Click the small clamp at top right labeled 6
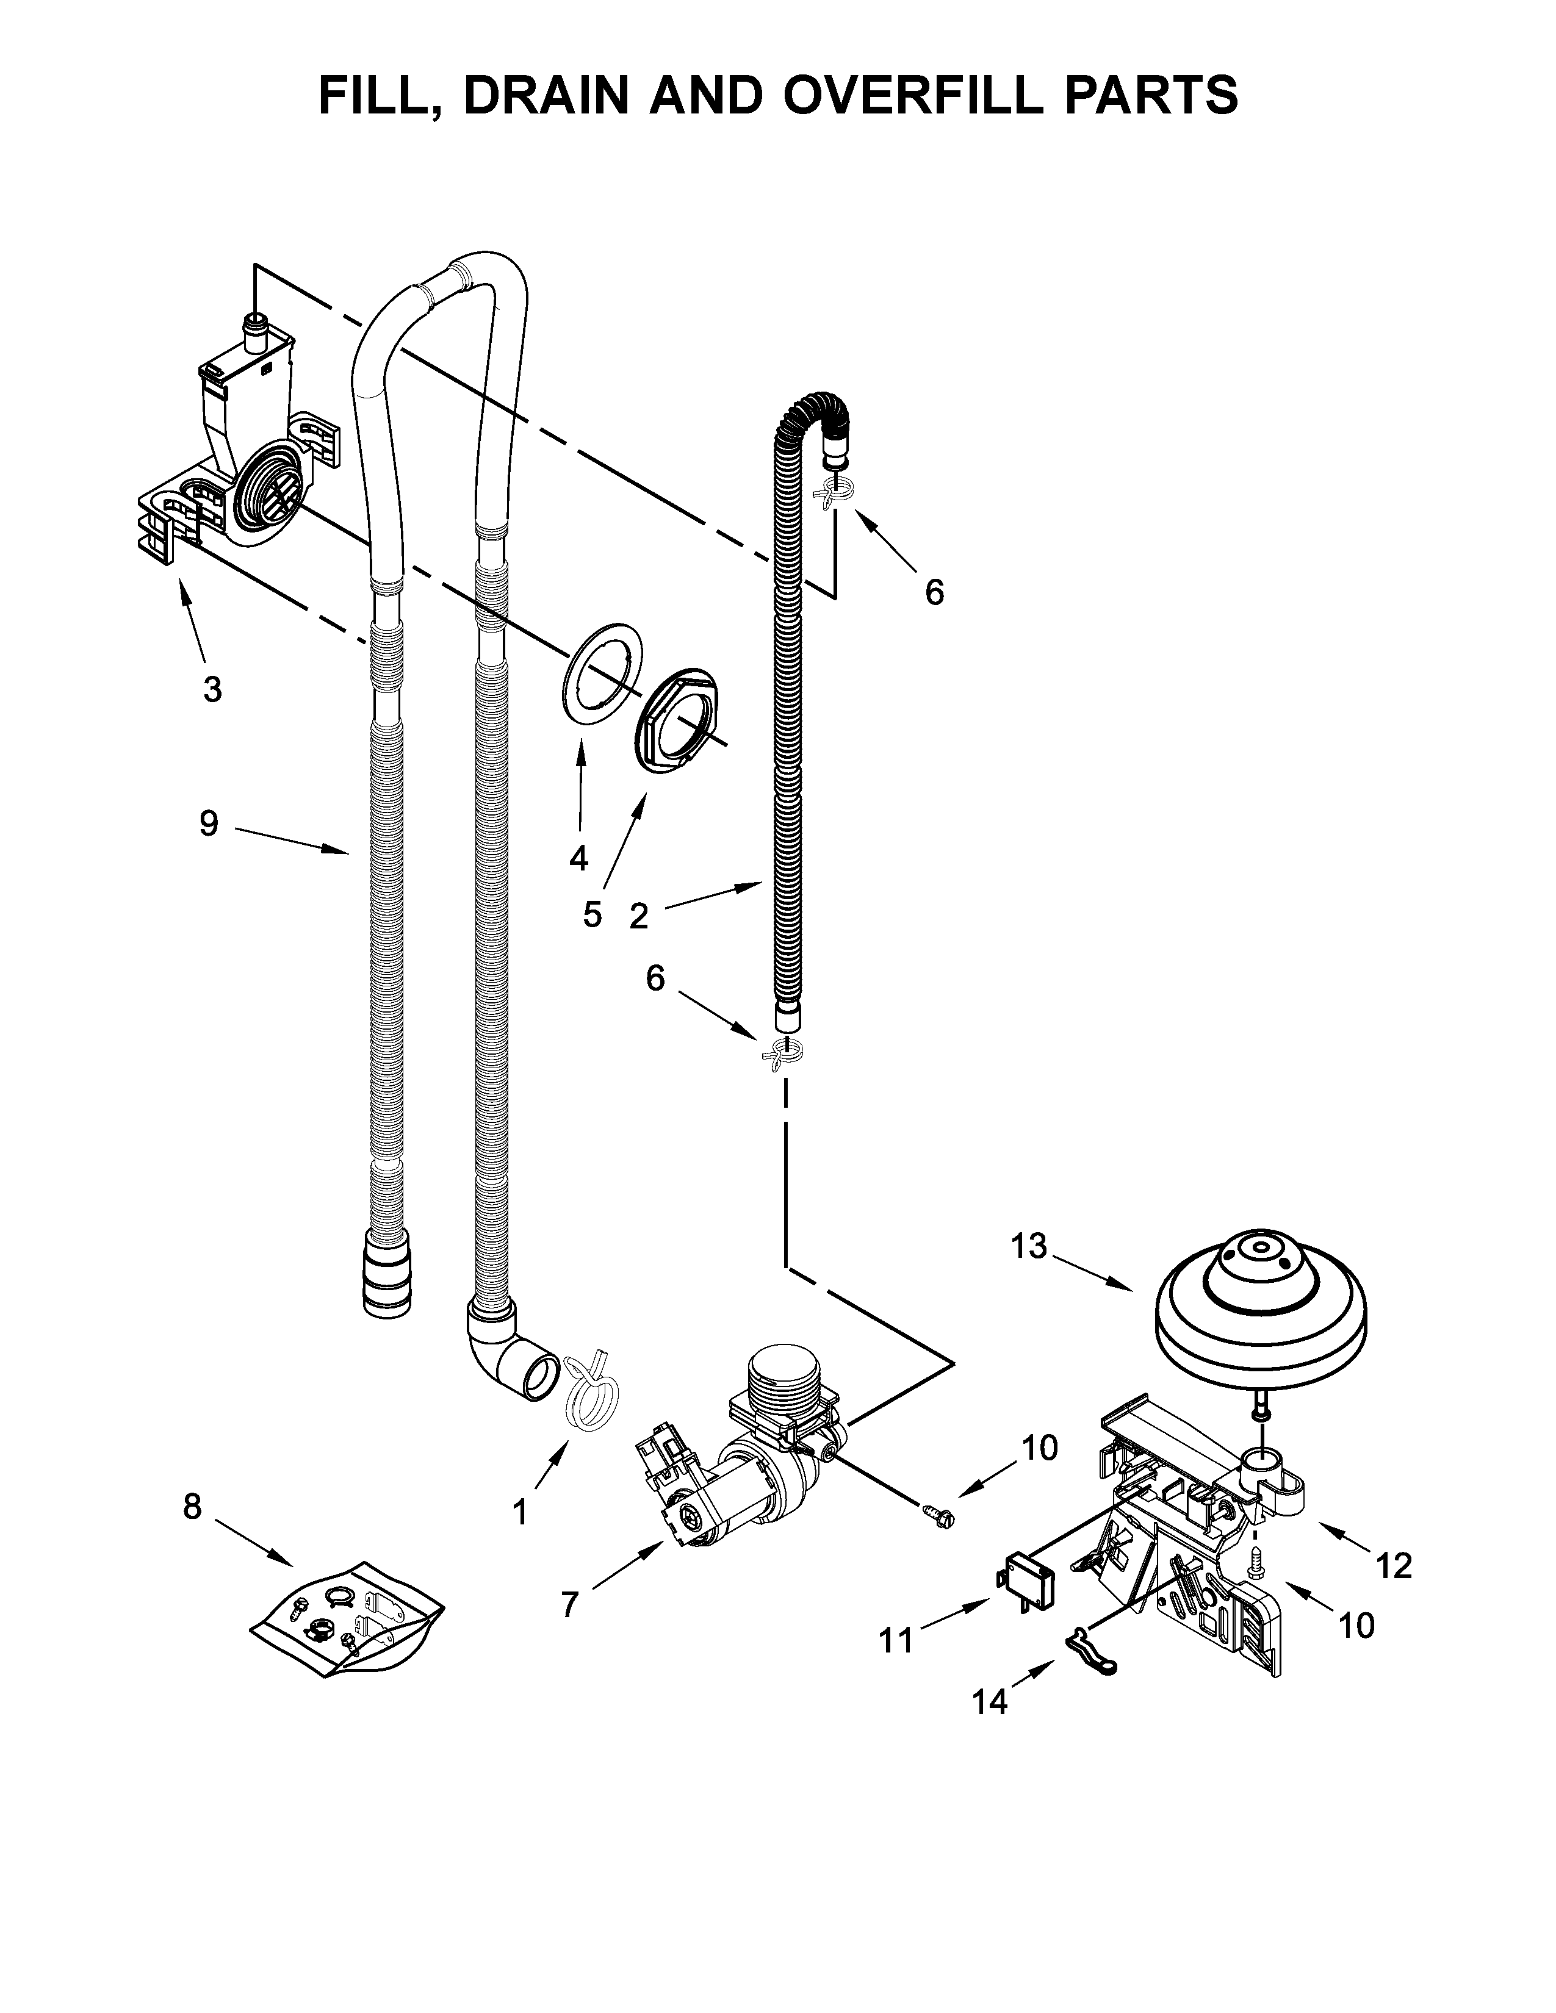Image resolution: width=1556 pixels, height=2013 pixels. [x=834, y=496]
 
